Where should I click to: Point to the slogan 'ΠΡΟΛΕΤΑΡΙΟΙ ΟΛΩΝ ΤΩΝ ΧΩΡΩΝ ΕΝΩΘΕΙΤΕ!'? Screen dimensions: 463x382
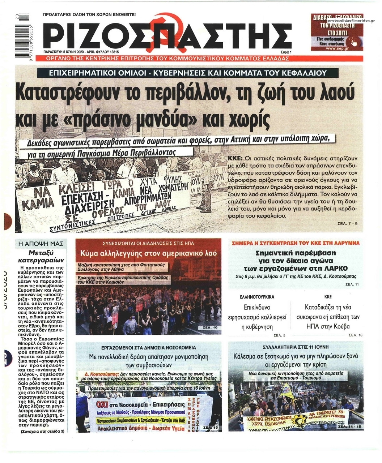[89, 15]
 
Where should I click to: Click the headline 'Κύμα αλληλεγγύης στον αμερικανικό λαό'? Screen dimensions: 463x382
[148, 252]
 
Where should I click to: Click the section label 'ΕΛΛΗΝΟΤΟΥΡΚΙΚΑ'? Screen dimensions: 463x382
[257, 297]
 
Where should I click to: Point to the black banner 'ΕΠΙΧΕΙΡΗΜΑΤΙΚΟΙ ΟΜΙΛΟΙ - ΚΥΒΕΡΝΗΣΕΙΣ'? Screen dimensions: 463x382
[188, 73]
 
